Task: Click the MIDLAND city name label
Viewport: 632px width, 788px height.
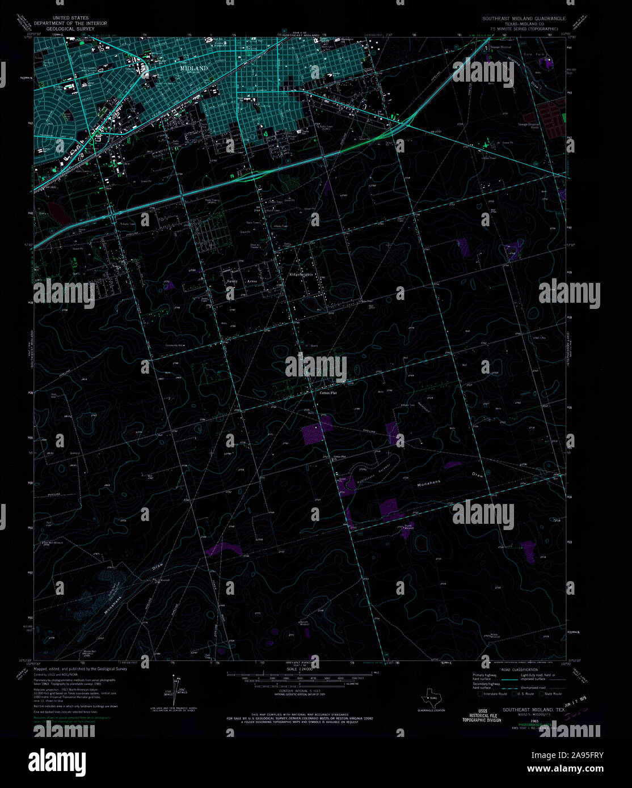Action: [193, 68]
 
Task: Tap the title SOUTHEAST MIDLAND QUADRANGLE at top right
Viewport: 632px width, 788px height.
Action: [524, 19]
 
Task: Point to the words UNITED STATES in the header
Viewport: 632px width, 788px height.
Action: [70, 18]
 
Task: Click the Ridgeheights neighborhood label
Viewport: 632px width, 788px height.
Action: [301, 274]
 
